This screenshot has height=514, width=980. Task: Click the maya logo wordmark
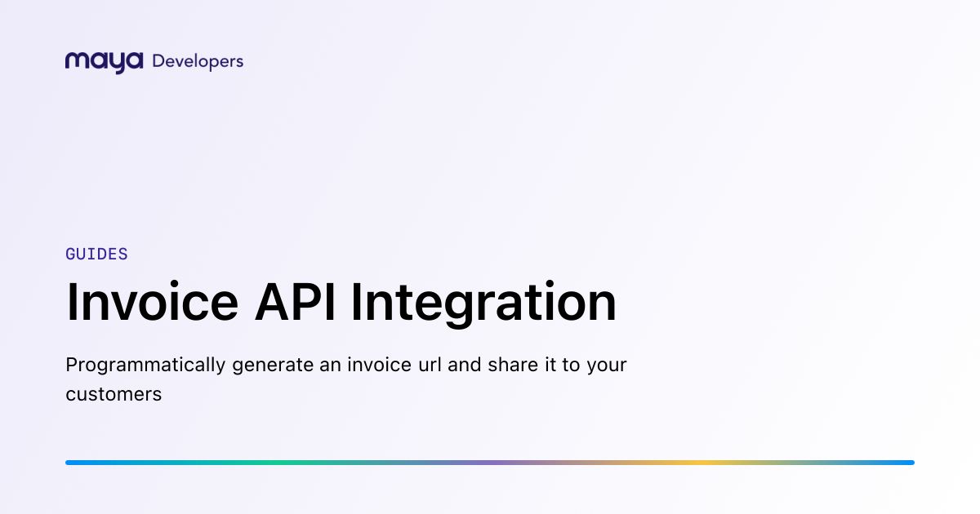(105, 63)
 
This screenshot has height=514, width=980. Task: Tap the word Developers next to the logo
(198, 62)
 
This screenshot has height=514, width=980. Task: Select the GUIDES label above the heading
(96, 254)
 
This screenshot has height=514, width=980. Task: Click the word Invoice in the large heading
(152, 302)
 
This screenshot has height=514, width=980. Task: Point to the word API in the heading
(296, 302)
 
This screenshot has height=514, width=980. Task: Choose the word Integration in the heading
(483, 304)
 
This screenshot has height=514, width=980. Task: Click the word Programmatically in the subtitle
(145, 366)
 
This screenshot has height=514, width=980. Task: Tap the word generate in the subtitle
(273, 366)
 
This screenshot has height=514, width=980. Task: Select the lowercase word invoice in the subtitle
(379, 365)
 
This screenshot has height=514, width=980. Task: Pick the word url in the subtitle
(430, 365)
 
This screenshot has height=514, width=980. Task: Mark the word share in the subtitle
(513, 365)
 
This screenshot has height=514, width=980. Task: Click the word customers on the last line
(114, 394)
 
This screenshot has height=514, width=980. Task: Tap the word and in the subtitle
(465, 365)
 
